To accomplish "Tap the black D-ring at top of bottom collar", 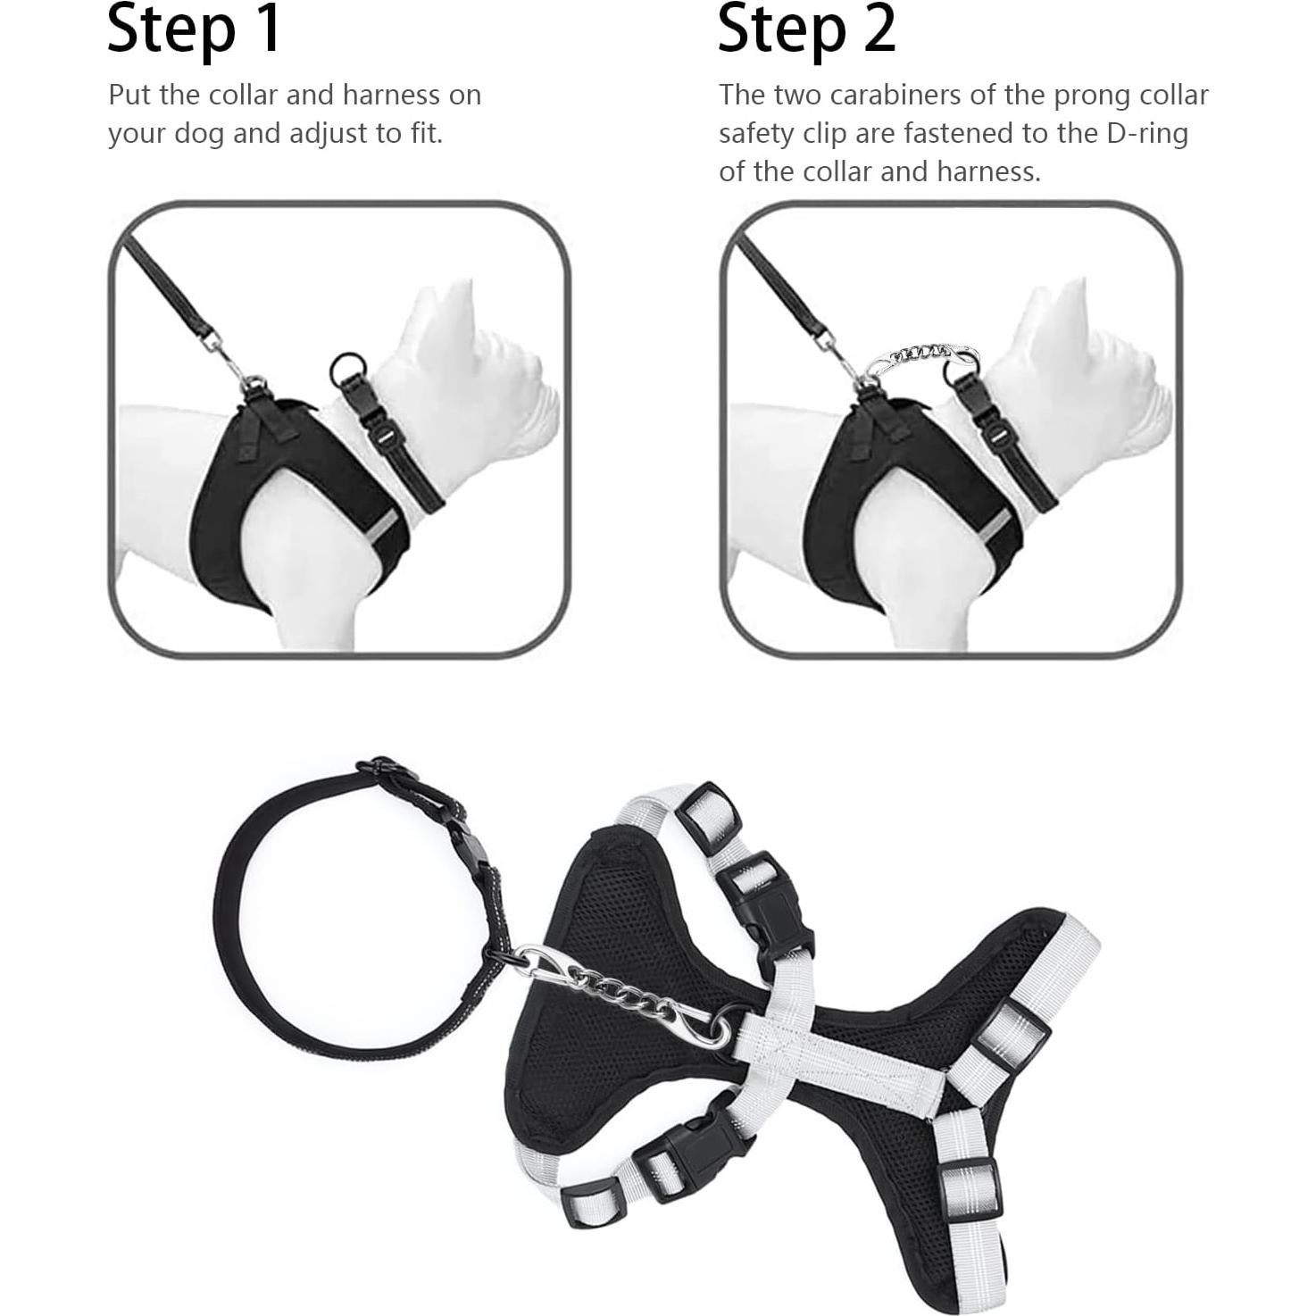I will click(386, 770).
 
